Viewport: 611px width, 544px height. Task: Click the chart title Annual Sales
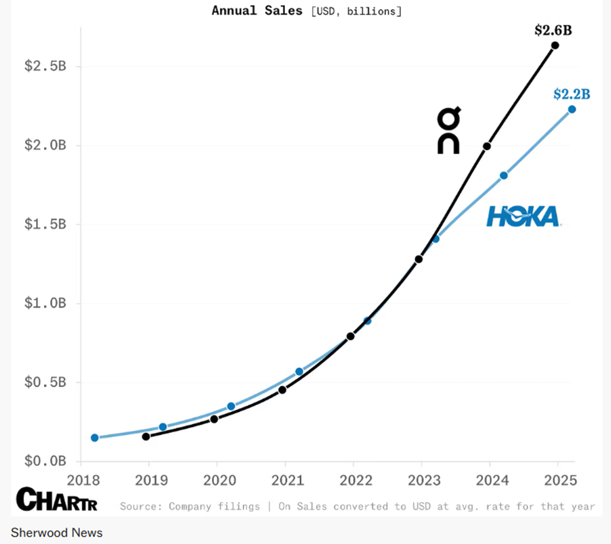pyautogui.click(x=257, y=11)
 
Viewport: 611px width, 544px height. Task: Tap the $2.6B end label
pyautogui.click(x=553, y=30)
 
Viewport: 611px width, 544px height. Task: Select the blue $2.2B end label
pyautogui.click(x=572, y=94)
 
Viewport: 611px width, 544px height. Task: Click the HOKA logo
pyautogui.click(x=523, y=216)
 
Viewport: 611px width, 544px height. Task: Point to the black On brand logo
pyautogui.click(x=449, y=132)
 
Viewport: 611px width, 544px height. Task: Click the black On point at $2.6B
pyautogui.click(x=555, y=45)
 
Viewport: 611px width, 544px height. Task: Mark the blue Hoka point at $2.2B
pyautogui.click(x=572, y=109)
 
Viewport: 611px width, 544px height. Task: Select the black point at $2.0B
pyautogui.click(x=487, y=146)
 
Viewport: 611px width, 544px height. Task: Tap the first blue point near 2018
pyautogui.click(x=95, y=438)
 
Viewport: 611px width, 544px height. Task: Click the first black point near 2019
pyautogui.click(x=146, y=436)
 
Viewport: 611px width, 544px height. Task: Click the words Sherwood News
pyautogui.click(x=56, y=532)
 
